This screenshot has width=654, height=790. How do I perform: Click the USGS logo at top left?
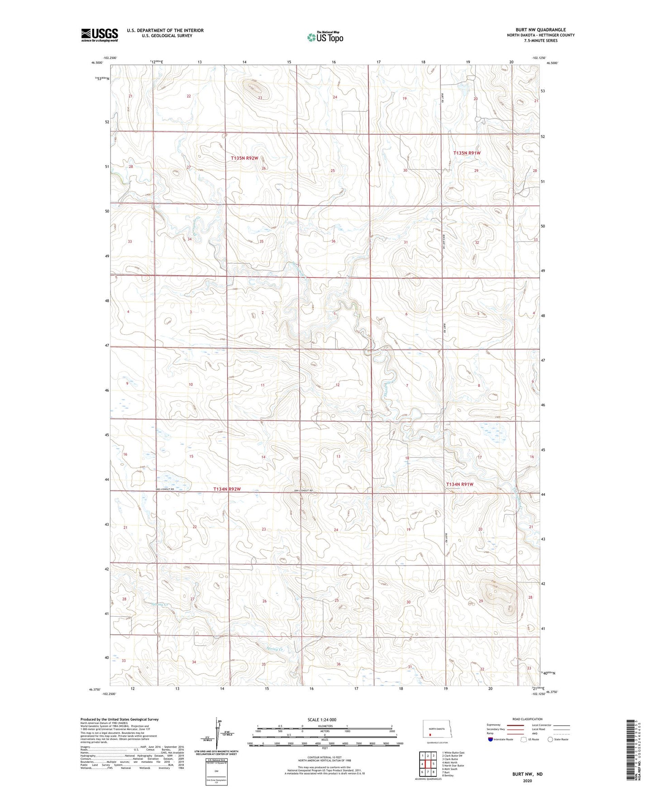pos(100,35)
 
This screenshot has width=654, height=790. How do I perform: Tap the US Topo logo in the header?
pos(325,38)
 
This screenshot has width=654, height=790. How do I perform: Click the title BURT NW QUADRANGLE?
pos(540,30)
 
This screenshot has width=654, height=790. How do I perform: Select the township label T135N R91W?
pos(467,153)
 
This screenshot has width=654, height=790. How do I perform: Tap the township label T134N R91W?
pos(460,484)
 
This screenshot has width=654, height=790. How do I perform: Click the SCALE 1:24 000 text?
pos(321,719)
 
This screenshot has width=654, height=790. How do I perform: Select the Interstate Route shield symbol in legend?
pos(491,739)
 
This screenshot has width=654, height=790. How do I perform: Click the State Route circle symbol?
pos(550,739)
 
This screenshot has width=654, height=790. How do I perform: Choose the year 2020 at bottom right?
pos(527,780)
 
